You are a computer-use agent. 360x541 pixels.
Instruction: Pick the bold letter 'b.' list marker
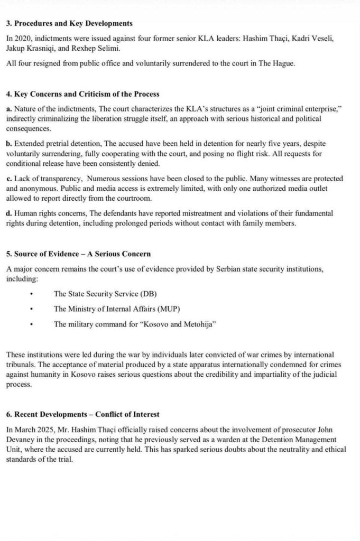(x=10, y=144)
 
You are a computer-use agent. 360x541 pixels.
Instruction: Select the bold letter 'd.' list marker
(x=10, y=213)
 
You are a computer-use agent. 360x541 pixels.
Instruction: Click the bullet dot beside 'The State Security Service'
(x=32, y=293)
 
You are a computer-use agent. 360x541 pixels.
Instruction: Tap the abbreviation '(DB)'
(x=150, y=293)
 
